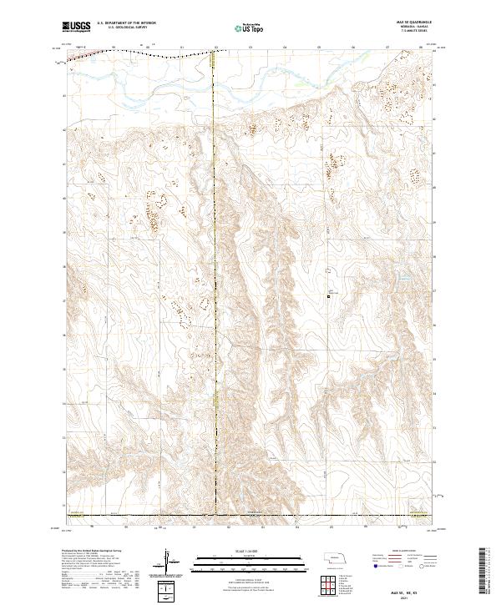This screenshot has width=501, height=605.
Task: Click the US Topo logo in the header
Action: [x=250, y=27]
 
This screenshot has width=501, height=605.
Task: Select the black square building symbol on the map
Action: [x=329, y=295]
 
